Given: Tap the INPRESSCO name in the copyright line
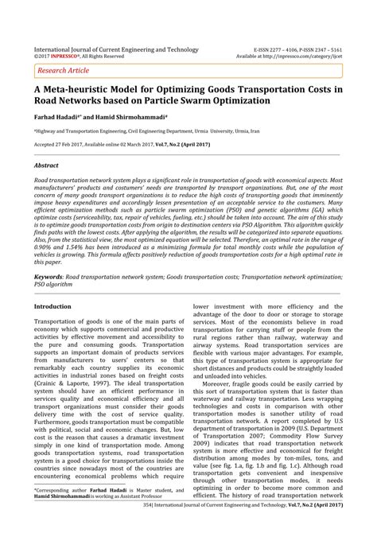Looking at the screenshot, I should (x=67, y=57).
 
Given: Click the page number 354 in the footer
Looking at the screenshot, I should (x=122, y=526).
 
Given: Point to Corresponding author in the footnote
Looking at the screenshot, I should (x=64, y=491).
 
